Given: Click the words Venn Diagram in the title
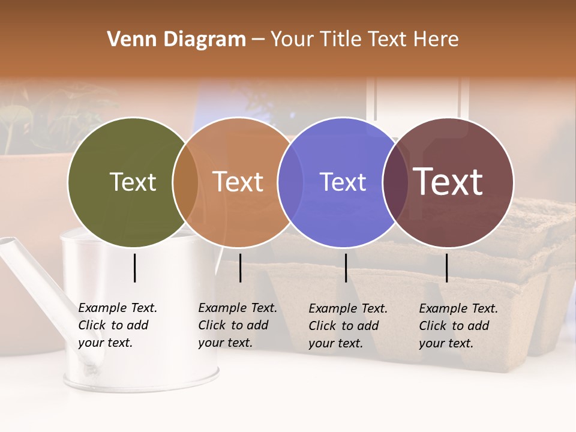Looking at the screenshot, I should point(176,40).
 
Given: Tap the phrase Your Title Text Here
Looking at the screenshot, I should point(364,40).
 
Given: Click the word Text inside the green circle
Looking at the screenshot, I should point(133,182).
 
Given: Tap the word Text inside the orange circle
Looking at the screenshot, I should point(238,182).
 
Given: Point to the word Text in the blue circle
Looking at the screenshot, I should point(343,182).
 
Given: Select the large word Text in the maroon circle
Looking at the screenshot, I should point(448,181).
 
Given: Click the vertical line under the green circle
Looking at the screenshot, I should point(134,268).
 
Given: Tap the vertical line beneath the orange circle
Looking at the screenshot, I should point(240,268).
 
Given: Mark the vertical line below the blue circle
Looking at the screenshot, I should point(346,268).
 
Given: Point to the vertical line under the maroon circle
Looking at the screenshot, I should point(446,268).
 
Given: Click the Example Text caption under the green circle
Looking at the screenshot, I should point(117,325).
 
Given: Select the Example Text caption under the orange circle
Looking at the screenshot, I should point(237,325).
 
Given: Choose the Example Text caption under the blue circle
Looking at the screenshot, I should point(347,326).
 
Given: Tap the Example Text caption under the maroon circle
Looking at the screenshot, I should point(458,326).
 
